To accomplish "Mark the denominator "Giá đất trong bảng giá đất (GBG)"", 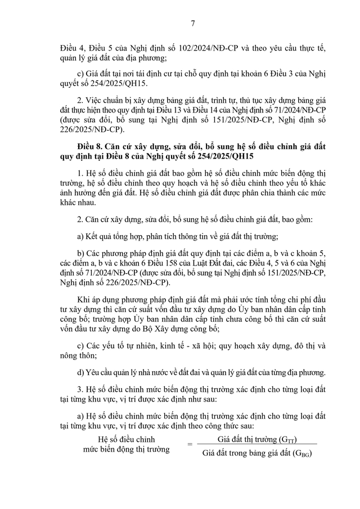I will click(257, 454).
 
